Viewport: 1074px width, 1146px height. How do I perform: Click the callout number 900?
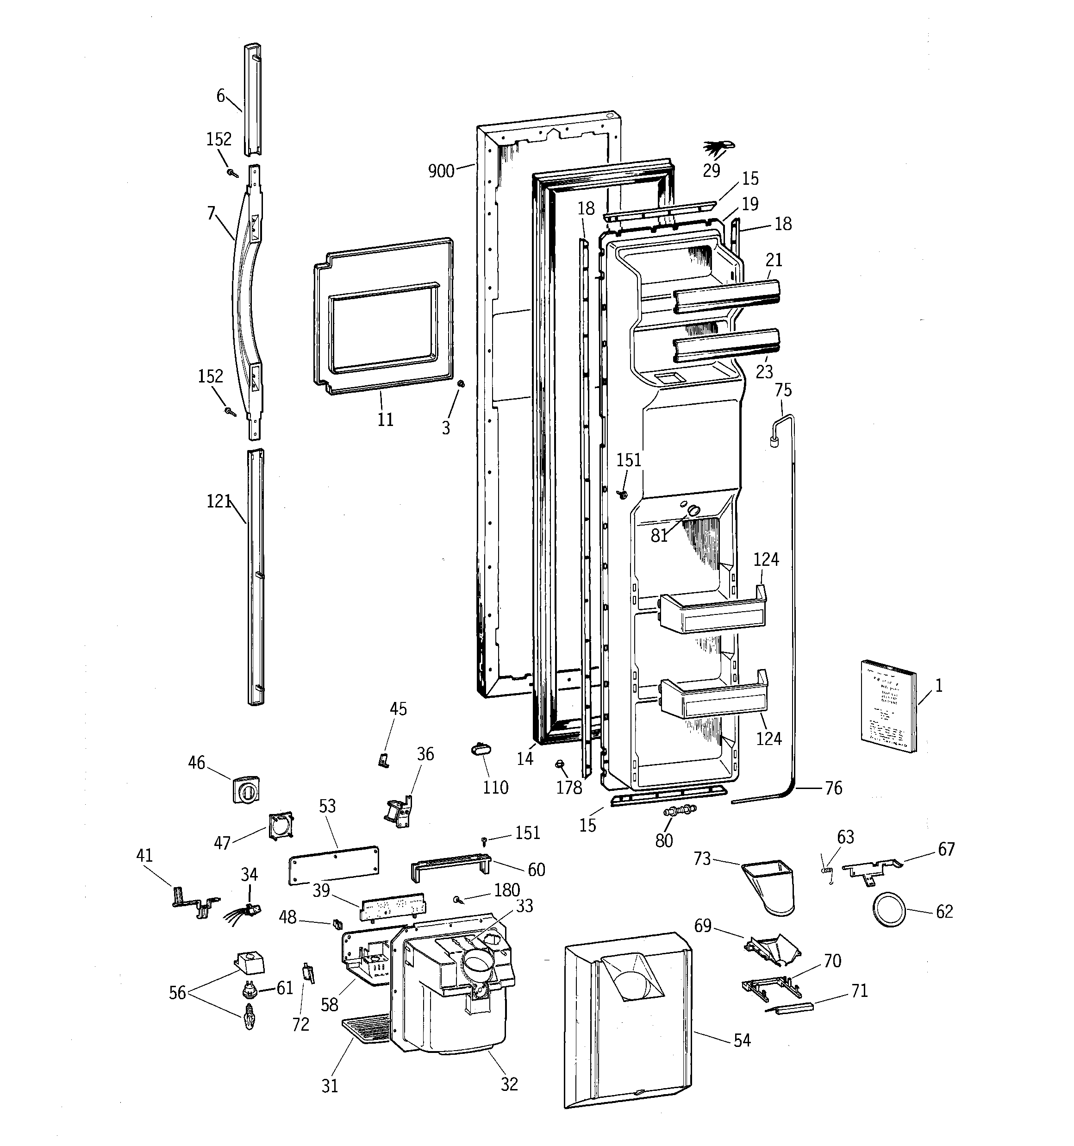pyautogui.click(x=441, y=171)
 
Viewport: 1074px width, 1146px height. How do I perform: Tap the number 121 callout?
pyautogui.click(x=219, y=501)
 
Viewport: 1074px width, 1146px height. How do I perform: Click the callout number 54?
pyautogui.click(x=742, y=1040)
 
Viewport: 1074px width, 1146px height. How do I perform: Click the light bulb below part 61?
pyautogui.click(x=249, y=1017)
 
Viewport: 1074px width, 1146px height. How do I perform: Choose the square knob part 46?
pyautogui.click(x=245, y=789)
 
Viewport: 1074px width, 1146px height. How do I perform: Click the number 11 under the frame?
pyautogui.click(x=385, y=420)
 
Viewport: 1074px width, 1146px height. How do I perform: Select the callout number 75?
pyautogui.click(x=783, y=390)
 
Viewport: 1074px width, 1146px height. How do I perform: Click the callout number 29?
pyautogui.click(x=712, y=171)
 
